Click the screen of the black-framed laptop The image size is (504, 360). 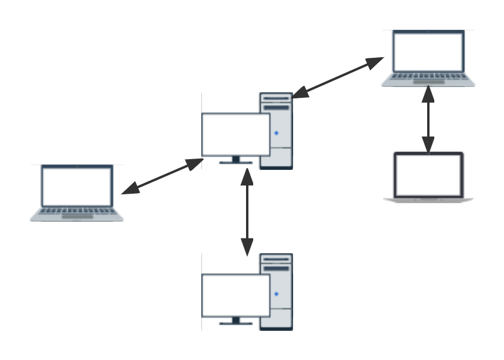tap(428, 175)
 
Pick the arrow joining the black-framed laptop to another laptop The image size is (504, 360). tap(428, 119)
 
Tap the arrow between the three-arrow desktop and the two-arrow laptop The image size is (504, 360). tap(338, 77)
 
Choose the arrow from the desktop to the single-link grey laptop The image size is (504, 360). tap(162, 176)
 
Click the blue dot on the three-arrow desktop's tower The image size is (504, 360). tap(276, 134)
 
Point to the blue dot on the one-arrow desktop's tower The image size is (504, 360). tap(276, 294)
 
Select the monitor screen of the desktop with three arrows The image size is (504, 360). tap(236, 134)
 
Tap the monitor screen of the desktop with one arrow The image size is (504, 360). tap(236, 295)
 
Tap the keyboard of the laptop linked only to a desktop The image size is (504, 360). tap(77, 211)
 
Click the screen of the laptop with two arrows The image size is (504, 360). tap(428, 51)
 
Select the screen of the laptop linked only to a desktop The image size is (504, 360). tap(77, 186)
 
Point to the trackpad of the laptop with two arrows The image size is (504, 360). tap(428, 82)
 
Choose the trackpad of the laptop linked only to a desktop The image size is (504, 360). tap(77, 217)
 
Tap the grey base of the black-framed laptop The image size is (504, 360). tap(428, 199)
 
